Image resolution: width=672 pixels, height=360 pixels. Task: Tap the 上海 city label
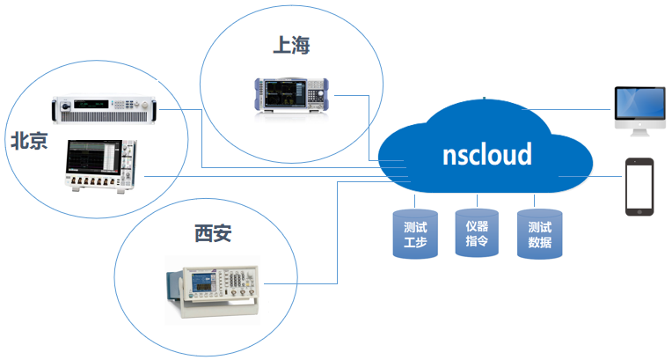point(291,44)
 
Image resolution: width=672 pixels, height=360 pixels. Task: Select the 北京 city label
point(28,141)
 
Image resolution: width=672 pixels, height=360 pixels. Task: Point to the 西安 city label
point(214,233)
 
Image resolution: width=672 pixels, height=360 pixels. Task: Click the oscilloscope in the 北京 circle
point(99,164)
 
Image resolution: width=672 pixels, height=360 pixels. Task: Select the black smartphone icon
point(639,187)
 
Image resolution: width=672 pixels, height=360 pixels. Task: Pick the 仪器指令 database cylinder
point(477,232)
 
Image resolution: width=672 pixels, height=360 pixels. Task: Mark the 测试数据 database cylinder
point(539,234)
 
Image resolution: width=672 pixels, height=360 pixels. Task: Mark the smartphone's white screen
point(639,186)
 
